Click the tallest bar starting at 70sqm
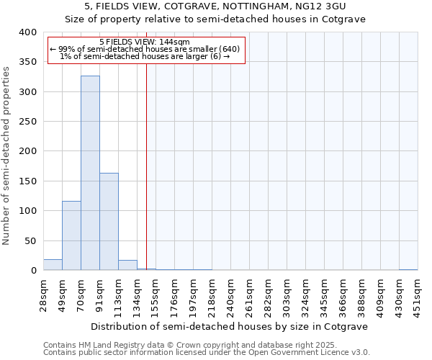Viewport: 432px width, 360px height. click(90, 173)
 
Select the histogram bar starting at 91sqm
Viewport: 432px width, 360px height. click(109, 222)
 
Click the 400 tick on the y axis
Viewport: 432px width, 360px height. click(27, 32)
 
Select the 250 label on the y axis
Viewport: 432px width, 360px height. click(27, 122)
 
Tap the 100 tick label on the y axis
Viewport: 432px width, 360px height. click(27, 211)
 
